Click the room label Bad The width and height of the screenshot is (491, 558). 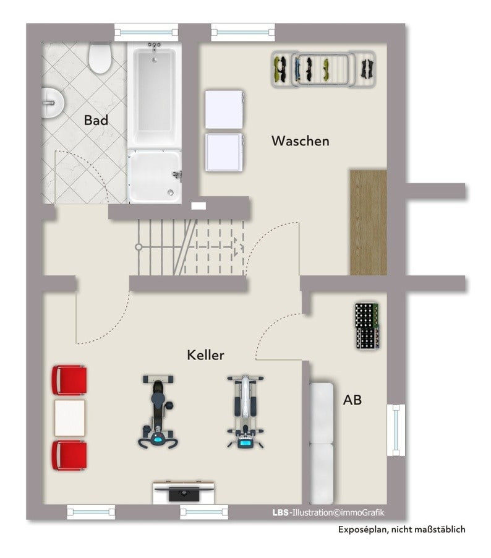(96, 120)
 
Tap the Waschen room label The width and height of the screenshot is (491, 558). (301, 141)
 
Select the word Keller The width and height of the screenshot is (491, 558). (205, 355)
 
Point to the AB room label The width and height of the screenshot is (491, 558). (352, 400)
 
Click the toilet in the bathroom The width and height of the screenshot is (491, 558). (100, 58)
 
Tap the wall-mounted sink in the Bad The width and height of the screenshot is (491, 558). (53, 103)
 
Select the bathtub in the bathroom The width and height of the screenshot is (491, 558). (155, 95)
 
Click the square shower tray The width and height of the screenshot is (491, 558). (155, 176)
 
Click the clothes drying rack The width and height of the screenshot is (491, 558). (323, 69)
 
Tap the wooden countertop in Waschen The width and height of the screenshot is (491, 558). (369, 223)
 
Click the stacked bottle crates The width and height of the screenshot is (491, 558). (367, 325)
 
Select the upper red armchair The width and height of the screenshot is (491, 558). (69, 380)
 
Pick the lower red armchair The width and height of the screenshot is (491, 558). (69, 455)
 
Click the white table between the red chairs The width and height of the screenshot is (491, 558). (70, 418)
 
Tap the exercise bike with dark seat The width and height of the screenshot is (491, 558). (158, 411)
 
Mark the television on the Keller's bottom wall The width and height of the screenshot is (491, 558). (184, 492)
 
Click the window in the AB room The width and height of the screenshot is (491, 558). (396, 430)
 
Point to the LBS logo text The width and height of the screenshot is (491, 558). (281, 513)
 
